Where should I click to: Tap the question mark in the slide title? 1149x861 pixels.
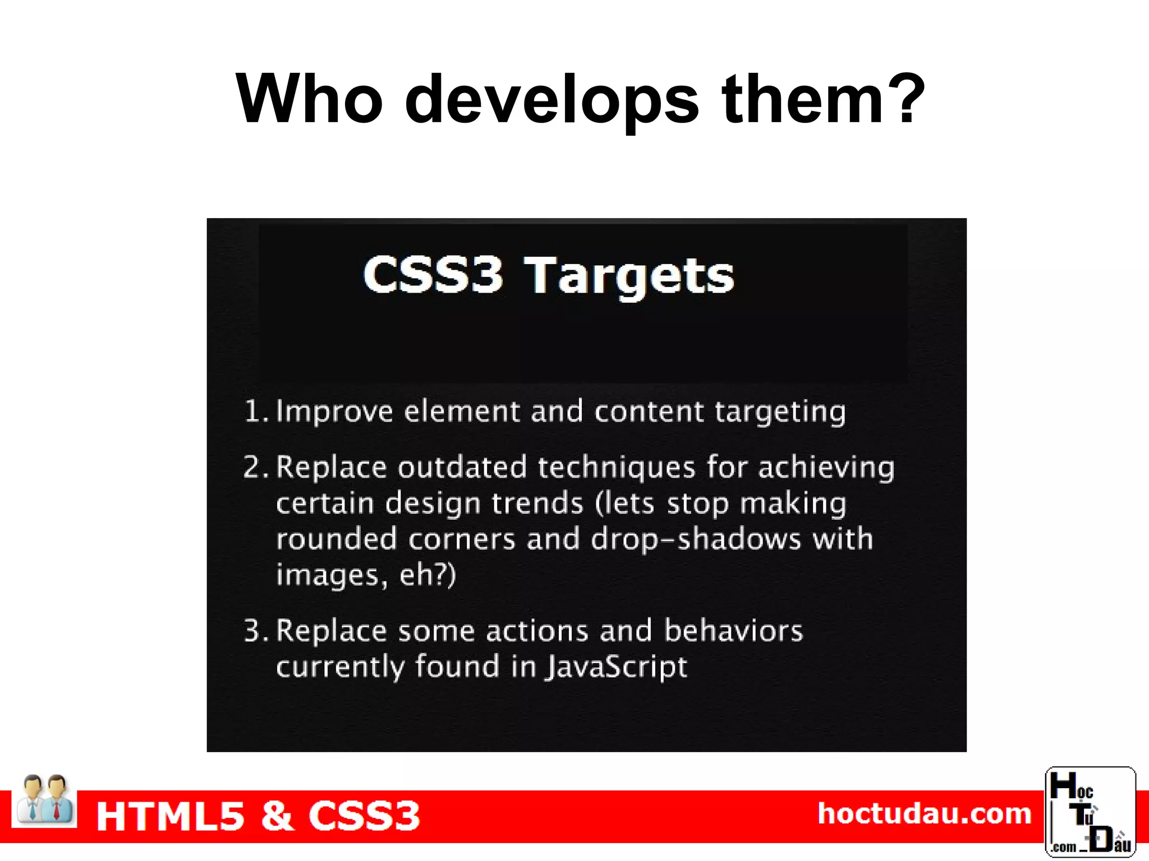coord(904,99)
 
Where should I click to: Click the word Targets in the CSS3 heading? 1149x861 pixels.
coord(629,276)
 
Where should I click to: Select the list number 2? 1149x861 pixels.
coord(255,467)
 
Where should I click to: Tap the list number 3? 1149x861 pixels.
coord(255,631)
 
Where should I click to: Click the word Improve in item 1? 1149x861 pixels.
coord(334,412)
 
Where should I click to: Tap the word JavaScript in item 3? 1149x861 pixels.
coord(617,668)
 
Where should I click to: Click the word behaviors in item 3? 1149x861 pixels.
coord(733,631)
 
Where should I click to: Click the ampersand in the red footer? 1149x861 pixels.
coord(277,816)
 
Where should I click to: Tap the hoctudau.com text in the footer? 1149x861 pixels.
coord(924,813)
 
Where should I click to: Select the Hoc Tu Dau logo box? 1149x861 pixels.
coord(1090,812)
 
